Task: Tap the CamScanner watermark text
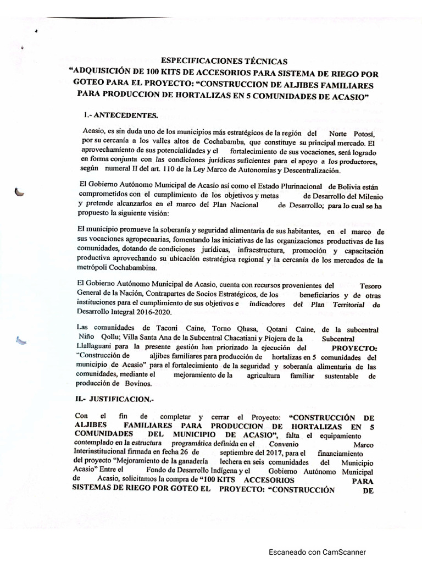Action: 316,552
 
